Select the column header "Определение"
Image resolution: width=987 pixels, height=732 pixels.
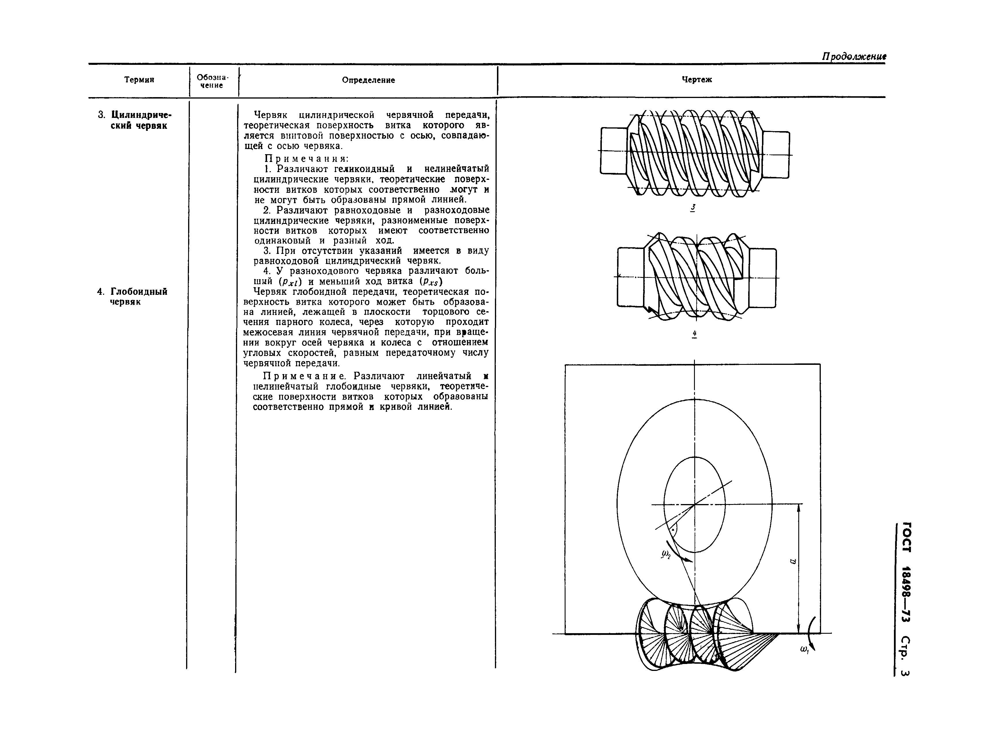[x=368, y=80]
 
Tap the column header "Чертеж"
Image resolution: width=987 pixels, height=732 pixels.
[x=696, y=80]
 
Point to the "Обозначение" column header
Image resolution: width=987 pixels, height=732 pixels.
[x=212, y=81]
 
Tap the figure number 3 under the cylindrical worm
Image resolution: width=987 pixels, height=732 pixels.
[x=693, y=208]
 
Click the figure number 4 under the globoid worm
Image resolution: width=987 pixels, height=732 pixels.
[x=694, y=334]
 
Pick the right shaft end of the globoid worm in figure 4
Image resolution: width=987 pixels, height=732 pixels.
[x=763, y=277]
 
